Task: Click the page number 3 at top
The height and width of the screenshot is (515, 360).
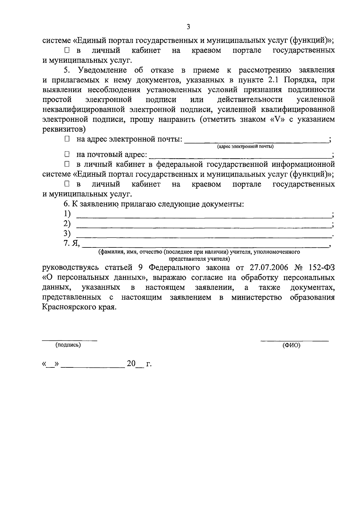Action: point(188,27)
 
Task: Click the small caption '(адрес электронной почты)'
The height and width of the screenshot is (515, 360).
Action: point(245,147)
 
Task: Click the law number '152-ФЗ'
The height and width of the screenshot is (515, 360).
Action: point(321,268)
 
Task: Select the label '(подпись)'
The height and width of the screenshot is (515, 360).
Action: point(68,345)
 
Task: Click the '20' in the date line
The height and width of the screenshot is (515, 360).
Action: point(131,364)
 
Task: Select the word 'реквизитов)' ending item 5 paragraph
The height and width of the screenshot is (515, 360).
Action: point(64,129)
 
